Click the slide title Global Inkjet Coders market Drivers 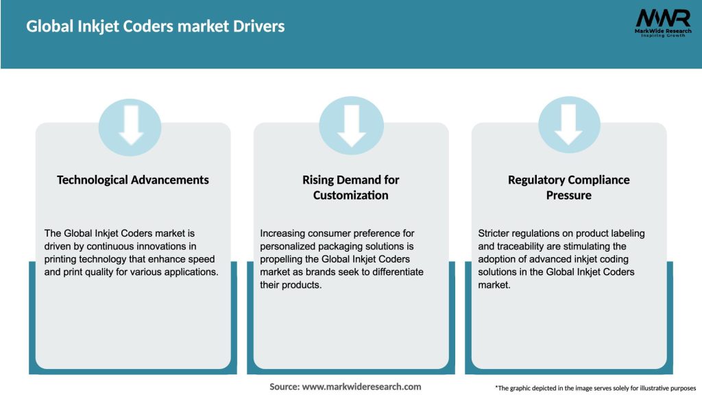[x=156, y=27]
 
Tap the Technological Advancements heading [x=133, y=180]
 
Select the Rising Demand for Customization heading [x=350, y=187]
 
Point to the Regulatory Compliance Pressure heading [x=568, y=187]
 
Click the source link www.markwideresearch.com [x=361, y=387]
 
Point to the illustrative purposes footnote [x=595, y=388]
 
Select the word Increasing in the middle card [x=283, y=233]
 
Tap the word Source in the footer [x=284, y=387]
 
